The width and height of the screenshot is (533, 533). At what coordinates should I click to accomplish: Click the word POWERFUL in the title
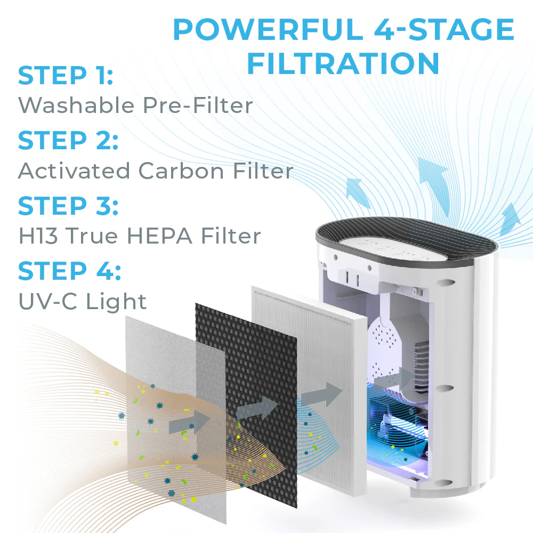click(269, 29)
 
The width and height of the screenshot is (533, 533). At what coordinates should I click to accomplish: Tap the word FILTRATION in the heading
click(343, 63)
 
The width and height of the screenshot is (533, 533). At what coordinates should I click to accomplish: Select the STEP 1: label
click(65, 76)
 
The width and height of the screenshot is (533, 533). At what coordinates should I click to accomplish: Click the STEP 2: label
click(68, 140)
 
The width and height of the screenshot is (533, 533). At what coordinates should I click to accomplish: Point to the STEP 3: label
click(68, 206)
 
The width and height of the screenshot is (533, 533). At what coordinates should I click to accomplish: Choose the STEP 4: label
click(69, 271)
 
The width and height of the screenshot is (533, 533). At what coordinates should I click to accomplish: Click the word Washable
click(76, 105)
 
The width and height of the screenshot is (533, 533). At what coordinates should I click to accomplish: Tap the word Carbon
click(181, 171)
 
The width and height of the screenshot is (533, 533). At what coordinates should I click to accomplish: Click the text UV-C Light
click(82, 302)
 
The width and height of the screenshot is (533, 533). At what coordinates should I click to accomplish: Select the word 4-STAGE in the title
click(444, 29)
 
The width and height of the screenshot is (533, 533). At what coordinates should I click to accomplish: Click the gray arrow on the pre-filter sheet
click(189, 422)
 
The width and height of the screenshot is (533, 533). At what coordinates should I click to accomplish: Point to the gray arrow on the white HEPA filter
click(321, 394)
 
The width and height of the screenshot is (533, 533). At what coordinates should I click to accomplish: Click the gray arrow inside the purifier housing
click(394, 378)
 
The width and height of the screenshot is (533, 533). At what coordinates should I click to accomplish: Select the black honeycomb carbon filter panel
click(246, 405)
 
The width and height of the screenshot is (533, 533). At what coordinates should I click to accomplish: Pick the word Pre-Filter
click(198, 105)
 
